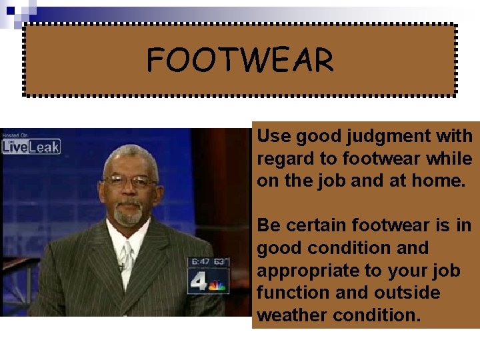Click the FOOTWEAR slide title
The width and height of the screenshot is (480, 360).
[x=240, y=61]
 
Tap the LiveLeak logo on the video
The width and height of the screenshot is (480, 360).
[x=31, y=145]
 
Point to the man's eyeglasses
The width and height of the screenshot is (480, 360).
[x=130, y=181]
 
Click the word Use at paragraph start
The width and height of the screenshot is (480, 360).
[x=273, y=137]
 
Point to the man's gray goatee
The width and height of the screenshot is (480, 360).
[x=128, y=215]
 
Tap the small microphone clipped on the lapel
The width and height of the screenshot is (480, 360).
[x=121, y=267]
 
